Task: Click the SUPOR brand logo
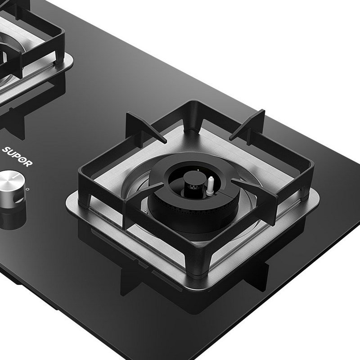[x=17, y=157]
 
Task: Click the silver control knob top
[x=10, y=180]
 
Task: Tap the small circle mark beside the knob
[x=28, y=189]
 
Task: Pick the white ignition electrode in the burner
[x=210, y=186]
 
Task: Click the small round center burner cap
[x=194, y=177]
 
